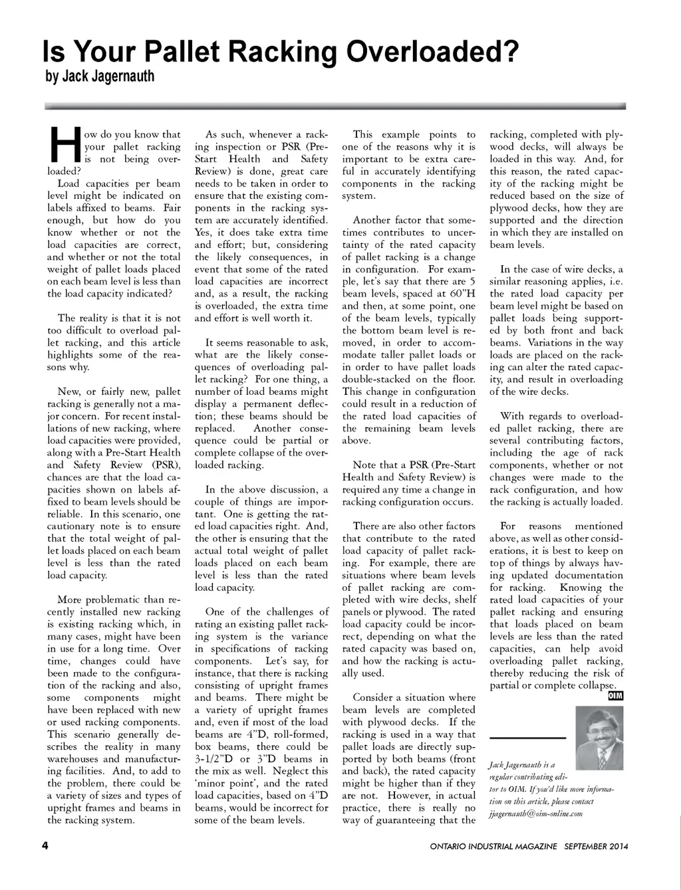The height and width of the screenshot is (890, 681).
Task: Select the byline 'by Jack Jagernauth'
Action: [100, 76]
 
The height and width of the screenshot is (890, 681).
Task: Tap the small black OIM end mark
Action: [616, 696]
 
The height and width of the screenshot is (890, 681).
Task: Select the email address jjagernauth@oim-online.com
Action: [535, 814]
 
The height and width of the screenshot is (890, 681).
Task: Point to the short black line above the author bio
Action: [527, 738]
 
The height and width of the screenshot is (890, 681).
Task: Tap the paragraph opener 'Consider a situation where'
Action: [414, 697]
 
